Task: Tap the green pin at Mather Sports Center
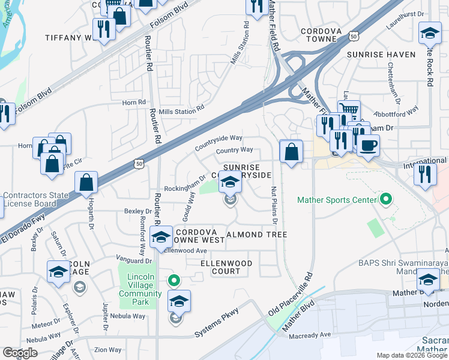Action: point(385,199)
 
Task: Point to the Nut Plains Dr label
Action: point(274,205)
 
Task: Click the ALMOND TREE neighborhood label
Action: point(256,235)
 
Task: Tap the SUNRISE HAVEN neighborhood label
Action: point(381,55)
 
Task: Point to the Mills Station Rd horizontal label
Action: point(181,110)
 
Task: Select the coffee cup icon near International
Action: point(368,145)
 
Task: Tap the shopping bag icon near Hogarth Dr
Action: point(86,182)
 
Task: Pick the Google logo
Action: point(20,353)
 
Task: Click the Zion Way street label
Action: point(108,350)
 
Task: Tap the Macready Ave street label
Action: point(314,335)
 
